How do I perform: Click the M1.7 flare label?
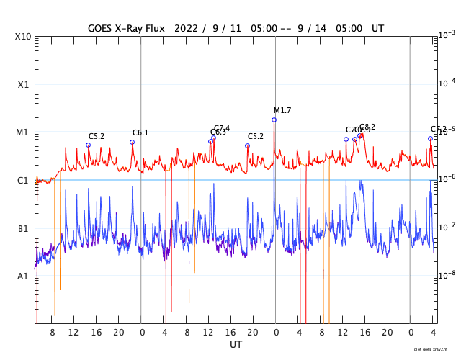pyautogui.click(x=282, y=110)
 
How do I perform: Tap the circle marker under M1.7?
pyautogui.click(x=274, y=120)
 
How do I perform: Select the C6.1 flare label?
pyautogui.click(x=140, y=132)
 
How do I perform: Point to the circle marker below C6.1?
pyautogui.click(x=132, y=142)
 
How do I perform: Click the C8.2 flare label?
pyautogui.click(x=367, y=127)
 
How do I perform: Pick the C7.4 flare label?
pyautogui.click(x=222, y=128)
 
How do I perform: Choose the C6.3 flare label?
pyautogui.click(x=218, y=132)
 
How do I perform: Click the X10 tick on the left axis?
pyautogui.click(x=24, y=37)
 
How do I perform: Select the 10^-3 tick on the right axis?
pyautogui.click(x=447, y=35)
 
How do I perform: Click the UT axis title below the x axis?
pyautogui.click(x=236, y=345)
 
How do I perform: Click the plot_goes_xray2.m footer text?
pyautogui.click(x=435, y=348)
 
